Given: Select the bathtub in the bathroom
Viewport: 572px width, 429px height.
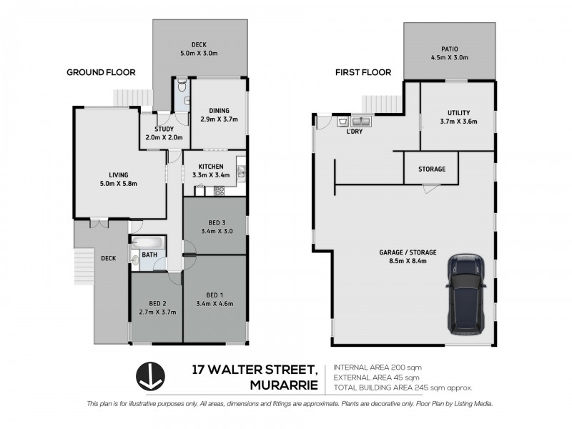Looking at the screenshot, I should [148, 243].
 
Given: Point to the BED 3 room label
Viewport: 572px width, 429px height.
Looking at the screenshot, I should [214, 222].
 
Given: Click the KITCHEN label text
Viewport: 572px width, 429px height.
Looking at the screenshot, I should [201, 167].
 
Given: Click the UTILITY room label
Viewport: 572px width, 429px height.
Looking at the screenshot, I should [458, 113].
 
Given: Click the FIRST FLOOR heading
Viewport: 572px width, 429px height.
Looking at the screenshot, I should [365, 72].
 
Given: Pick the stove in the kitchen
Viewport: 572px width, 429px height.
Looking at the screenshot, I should [220, 190].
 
